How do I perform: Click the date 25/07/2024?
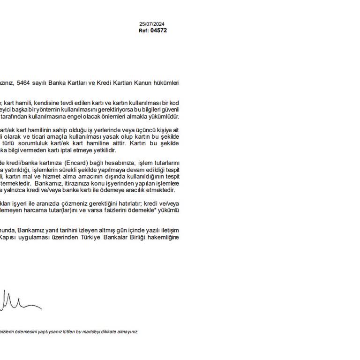[x=152, y=24]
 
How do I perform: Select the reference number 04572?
[x=158, y=30]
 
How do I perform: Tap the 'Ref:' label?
[x=143, y=30]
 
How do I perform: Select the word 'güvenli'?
[x=170, y=109]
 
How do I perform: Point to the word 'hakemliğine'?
[x=164, y=237]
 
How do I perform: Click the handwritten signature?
[x=19, y=300]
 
